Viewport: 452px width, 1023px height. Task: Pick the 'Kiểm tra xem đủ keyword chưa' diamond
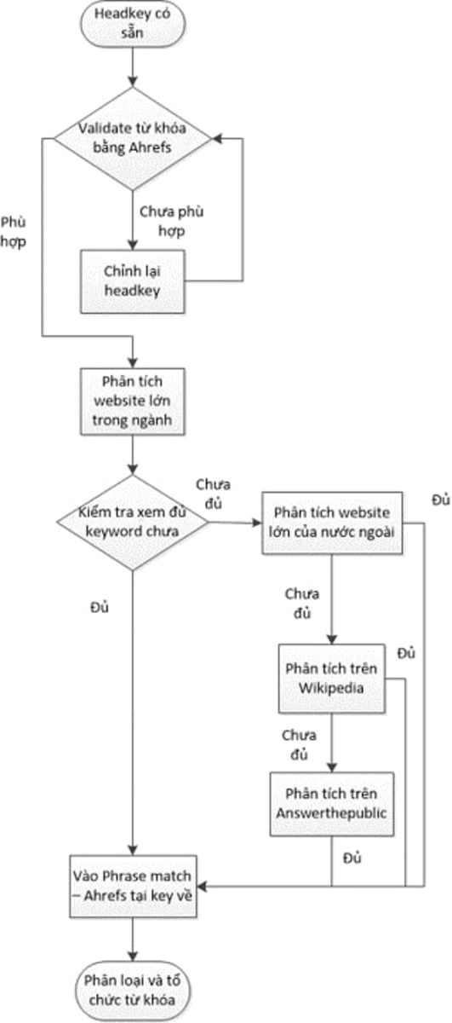(134, 522)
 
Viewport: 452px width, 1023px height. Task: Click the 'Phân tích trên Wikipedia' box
(331, 679)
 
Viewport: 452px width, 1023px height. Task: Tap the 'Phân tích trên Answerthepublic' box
(331, 802)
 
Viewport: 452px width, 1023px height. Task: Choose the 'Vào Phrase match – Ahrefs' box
(134, 887)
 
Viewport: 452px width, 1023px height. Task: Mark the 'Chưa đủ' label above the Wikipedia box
(301, 601)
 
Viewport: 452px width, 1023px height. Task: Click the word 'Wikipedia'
(331, 688)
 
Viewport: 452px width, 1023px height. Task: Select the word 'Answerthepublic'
(331, 812)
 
